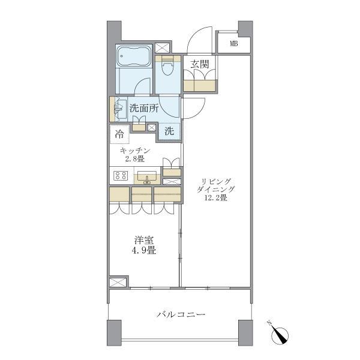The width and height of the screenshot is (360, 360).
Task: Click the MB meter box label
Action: (x=234, y=43)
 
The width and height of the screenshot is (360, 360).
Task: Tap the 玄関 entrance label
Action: (x=200, y=64)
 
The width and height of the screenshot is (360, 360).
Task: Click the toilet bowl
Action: (x=167, y=67)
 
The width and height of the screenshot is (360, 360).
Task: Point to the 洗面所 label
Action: (x=144, y=108)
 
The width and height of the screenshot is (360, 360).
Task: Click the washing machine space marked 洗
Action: (x=169, y=131)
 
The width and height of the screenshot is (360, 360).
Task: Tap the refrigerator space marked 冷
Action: (x=119, y=134)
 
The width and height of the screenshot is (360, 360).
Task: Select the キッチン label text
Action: (x=135, y=151)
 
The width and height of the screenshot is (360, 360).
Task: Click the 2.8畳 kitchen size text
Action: (x=135, y=159)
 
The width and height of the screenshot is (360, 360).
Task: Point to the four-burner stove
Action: (x=121, y=175)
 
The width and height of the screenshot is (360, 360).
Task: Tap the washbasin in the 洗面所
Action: (x=120, y=109)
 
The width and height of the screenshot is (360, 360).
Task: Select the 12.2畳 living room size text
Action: (x=216, y=197)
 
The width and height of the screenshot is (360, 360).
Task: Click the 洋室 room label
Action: (x=144, y=241)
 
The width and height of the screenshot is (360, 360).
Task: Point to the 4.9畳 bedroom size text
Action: (x=144, y=250)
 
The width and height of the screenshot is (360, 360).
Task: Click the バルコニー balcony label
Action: (x=181, y=314)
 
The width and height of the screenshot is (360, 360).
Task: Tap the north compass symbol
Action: (x=279, y=335)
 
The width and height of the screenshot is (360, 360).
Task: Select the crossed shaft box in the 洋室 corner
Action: (x=118, y=282)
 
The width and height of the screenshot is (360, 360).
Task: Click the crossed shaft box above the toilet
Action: (x=162, y=48)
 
